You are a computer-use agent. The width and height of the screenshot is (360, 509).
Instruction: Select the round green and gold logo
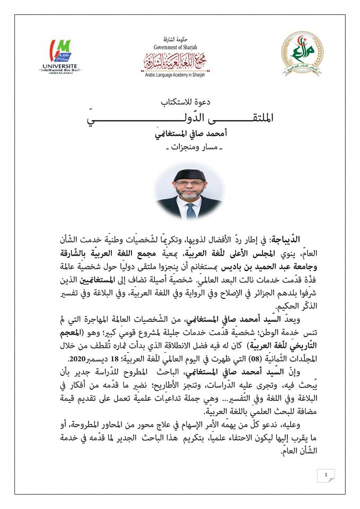[x=300, y=51]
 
